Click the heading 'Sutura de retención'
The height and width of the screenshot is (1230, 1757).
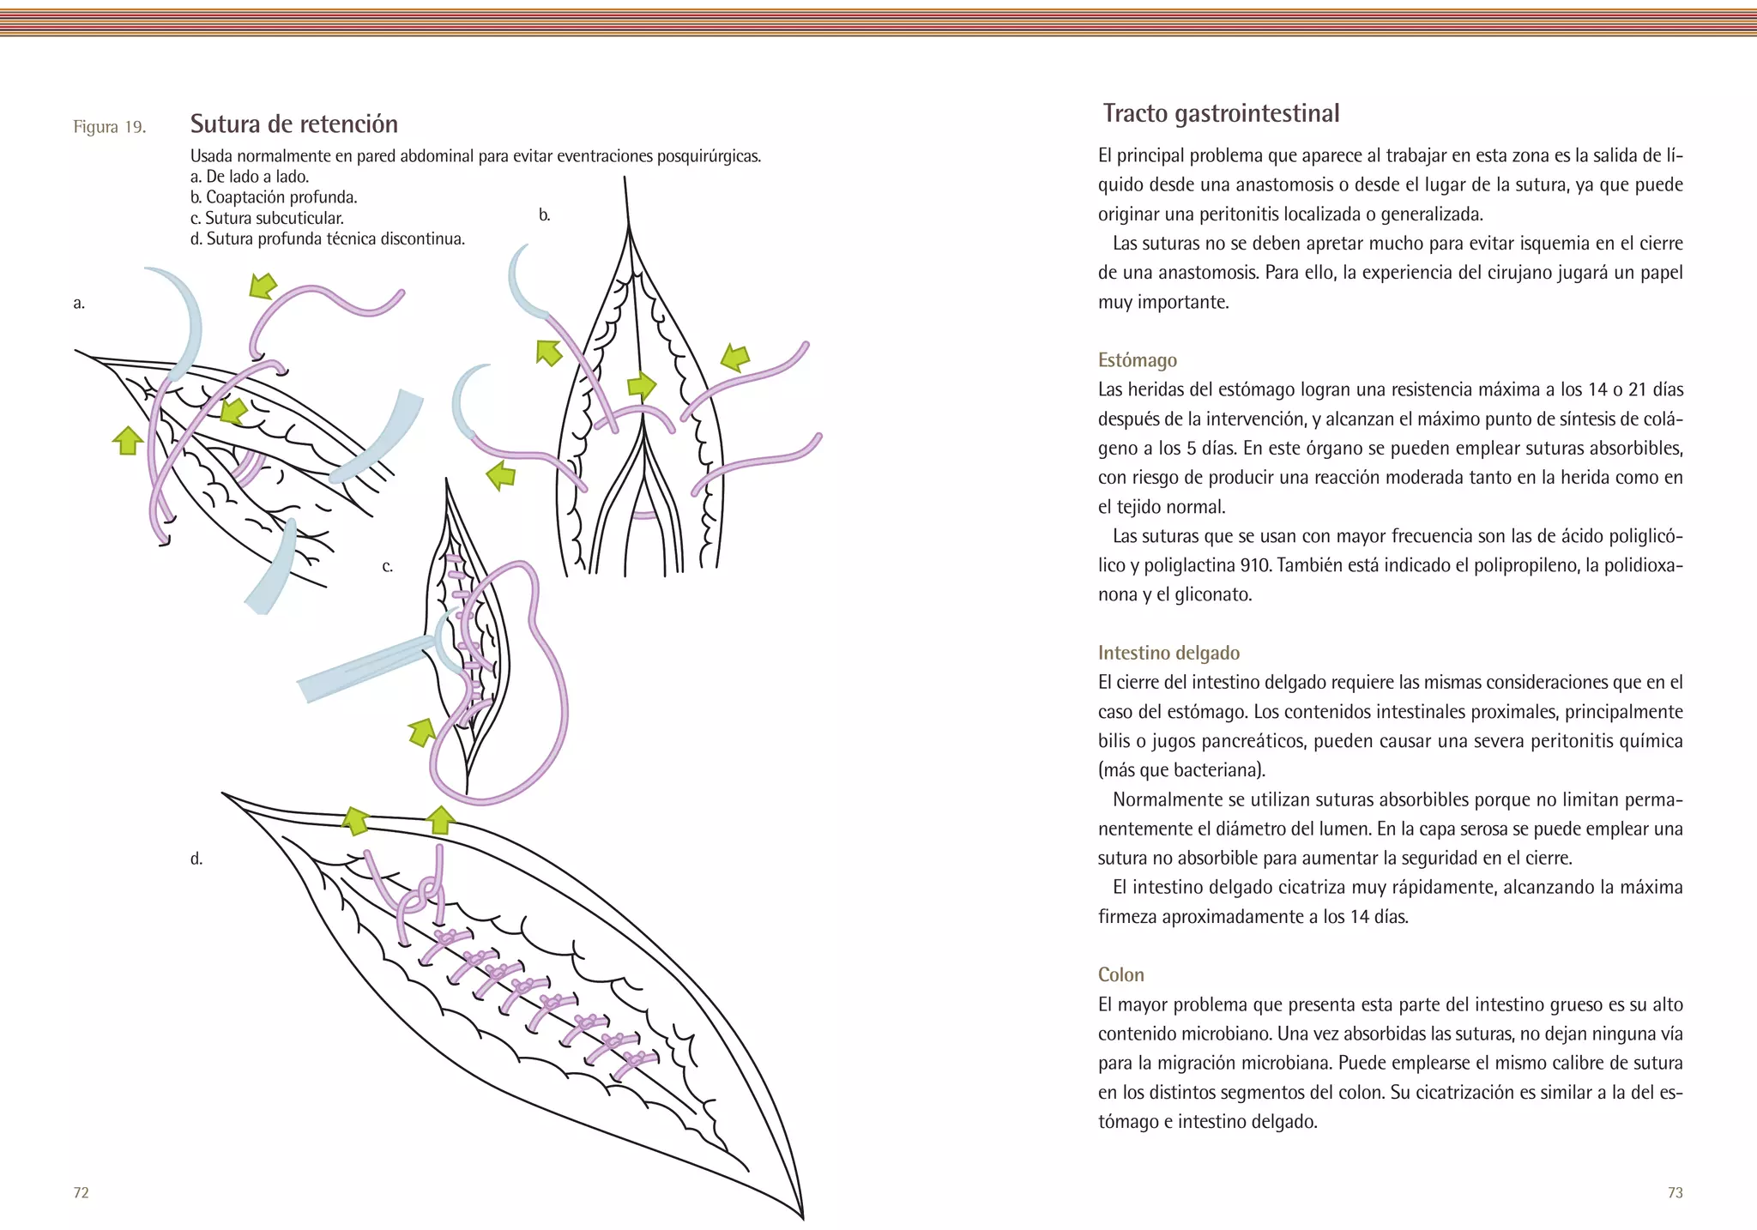293,124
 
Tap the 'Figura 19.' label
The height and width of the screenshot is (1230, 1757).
109,128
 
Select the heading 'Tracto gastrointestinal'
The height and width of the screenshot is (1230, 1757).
1221,114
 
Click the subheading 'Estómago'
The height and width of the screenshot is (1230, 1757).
1137,360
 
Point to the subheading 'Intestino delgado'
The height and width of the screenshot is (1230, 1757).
1168,653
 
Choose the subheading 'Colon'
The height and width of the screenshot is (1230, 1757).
1120,974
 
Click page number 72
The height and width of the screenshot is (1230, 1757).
82,1192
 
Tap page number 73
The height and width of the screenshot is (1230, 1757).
1675,1192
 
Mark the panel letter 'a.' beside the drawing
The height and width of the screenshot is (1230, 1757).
79,303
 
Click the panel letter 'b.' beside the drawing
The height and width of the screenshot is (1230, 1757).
544,215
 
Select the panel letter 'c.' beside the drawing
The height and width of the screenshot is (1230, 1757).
388,566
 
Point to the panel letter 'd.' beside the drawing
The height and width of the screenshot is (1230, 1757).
196,859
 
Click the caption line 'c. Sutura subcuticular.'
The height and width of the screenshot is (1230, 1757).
267,218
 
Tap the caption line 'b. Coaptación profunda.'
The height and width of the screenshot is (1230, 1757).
274,197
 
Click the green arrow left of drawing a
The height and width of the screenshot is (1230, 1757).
128,440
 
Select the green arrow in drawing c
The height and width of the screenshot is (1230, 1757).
421,732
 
